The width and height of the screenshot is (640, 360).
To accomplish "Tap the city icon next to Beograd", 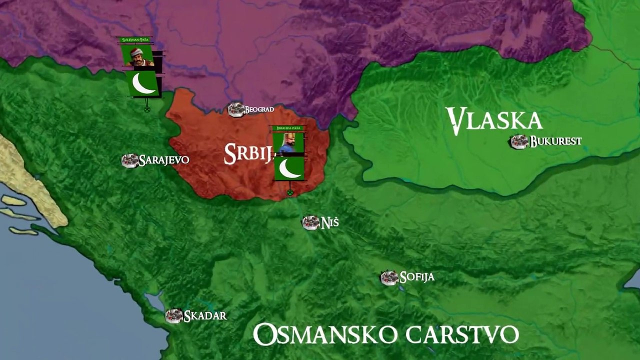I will (236, 109).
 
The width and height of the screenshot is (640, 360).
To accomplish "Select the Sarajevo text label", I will (164, 160).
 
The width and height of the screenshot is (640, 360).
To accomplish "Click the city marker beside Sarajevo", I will (130, 160).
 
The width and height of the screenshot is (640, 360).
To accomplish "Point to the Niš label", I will (329, 222).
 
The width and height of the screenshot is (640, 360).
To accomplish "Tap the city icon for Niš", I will (310, 222).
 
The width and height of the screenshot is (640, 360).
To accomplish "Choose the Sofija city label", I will (417, 277).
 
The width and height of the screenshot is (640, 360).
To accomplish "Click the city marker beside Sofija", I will (389, 277).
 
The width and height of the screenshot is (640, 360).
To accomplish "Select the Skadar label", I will (205, 315).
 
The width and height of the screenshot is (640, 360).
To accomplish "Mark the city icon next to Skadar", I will (174, 316).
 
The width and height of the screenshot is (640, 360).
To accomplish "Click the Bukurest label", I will (555, 141).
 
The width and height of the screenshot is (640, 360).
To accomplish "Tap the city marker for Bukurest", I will (519, 141).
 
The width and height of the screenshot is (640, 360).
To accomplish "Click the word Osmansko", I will (325, 334).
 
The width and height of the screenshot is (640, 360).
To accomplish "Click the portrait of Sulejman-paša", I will (136, 55).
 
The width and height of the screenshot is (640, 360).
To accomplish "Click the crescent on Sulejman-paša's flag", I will (143, 83).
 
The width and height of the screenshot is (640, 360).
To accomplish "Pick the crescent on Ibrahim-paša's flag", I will (289, 168).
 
